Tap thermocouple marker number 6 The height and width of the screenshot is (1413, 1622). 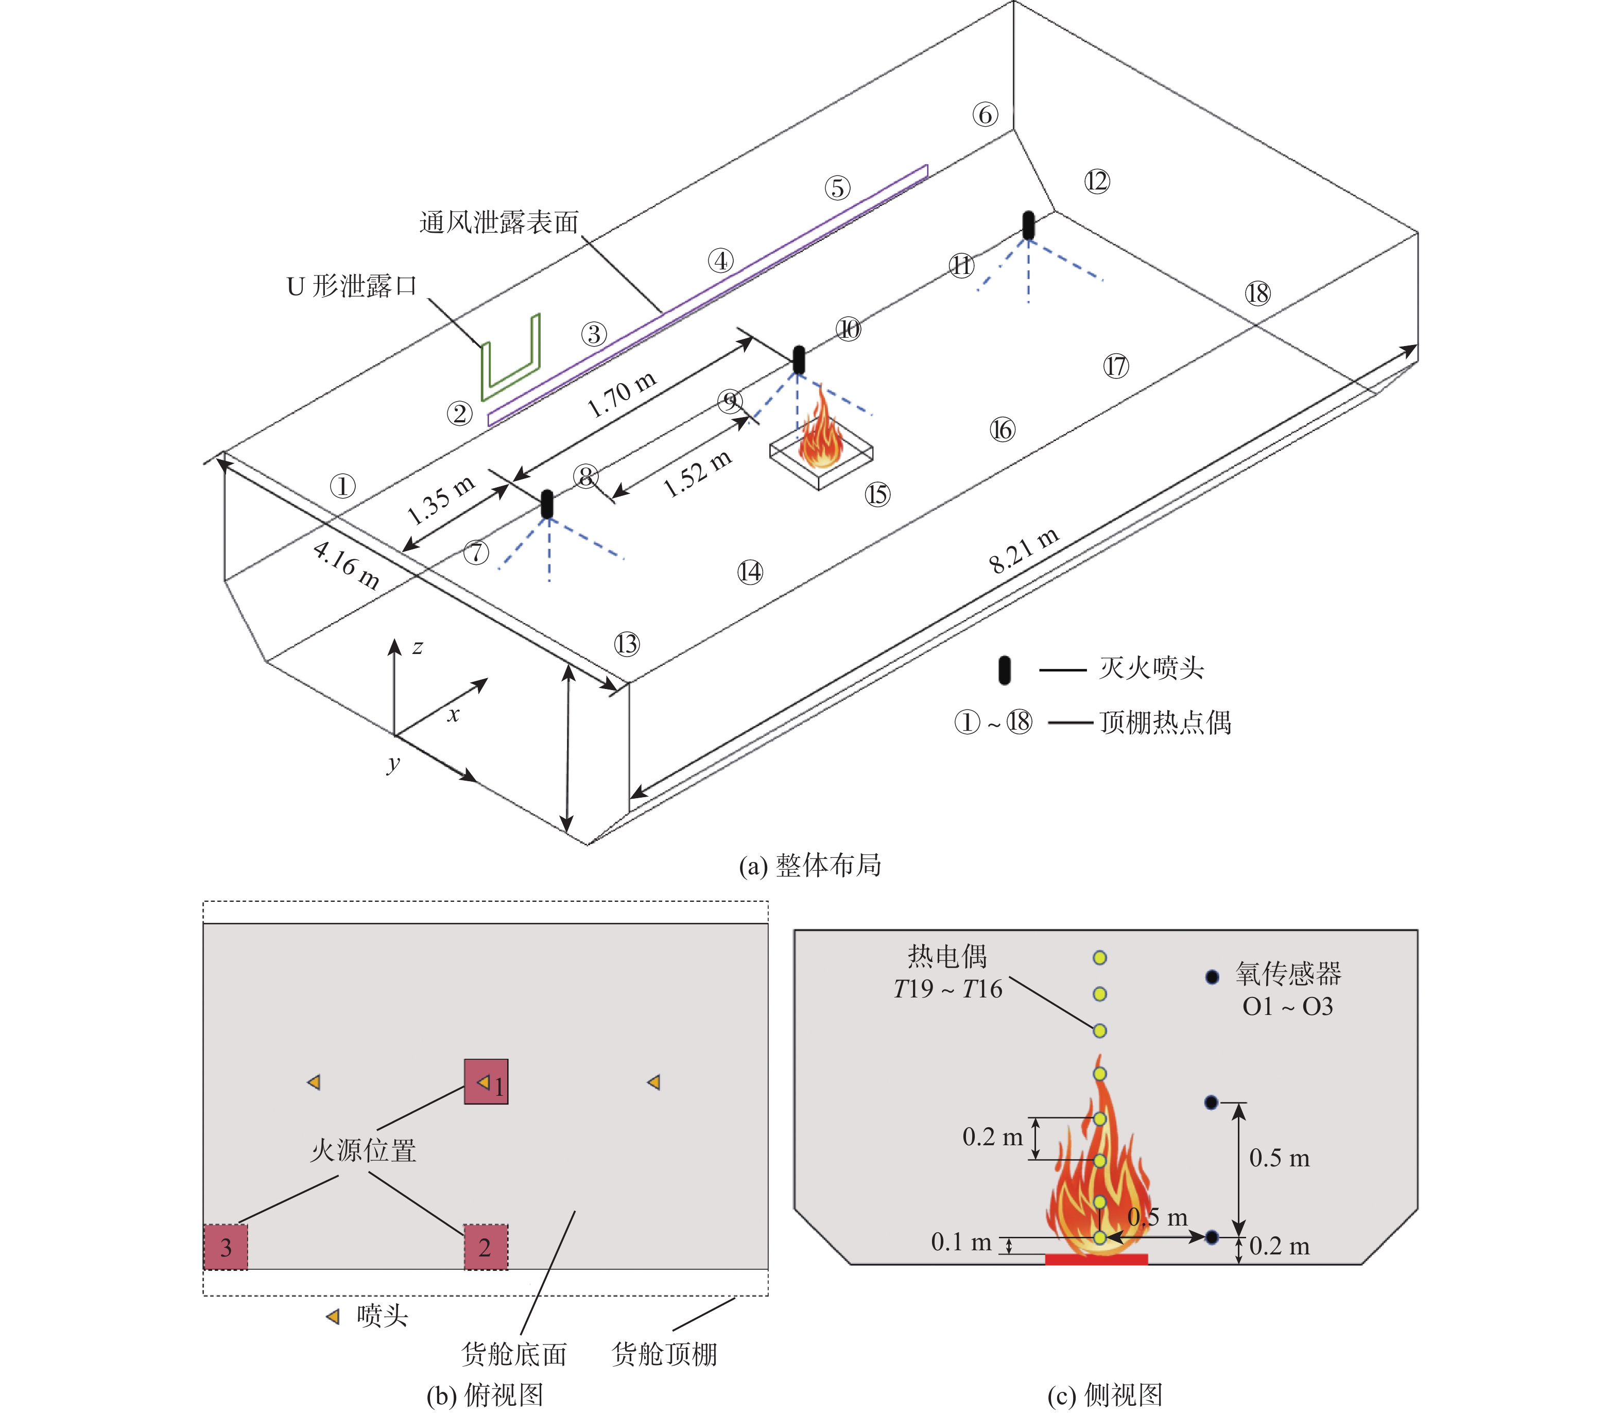coord(985,115)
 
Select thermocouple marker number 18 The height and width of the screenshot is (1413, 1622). coord(1258,294)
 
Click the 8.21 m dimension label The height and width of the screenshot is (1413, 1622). coord(1024,550)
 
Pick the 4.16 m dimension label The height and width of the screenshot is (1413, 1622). coord(346,565)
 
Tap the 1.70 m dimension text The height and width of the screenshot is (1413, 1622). coord(622,393)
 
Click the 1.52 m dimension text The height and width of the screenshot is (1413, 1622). coord(697,474)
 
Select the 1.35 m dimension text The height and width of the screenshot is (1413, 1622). coord(440,500)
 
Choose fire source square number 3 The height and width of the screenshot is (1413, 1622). coord(226,1247)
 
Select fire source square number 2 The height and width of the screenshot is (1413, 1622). coord(485,1247)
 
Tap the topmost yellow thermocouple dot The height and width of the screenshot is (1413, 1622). coord(1099,958)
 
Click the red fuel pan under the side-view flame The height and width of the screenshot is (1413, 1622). coord(1096,1259)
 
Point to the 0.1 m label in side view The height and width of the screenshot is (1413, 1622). coord(960,1243)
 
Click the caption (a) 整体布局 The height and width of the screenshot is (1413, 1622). coord(810,866)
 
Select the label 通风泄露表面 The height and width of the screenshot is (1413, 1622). coord(498,222)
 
